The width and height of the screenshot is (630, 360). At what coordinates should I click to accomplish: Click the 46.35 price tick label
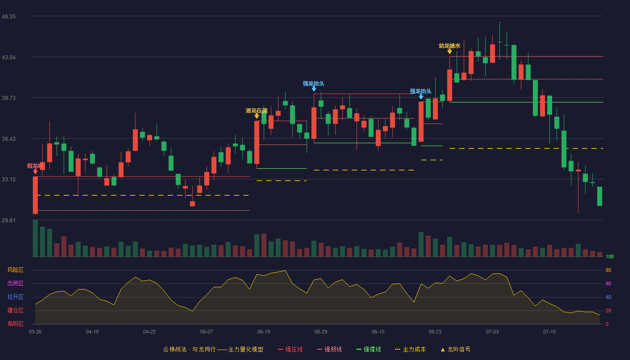point(9,17)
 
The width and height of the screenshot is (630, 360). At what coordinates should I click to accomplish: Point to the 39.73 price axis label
point(9,98)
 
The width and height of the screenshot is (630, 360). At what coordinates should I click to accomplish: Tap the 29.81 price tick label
point(9,220)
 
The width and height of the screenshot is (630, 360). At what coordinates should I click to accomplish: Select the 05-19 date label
point(264,332)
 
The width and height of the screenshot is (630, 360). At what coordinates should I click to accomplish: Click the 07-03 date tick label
point(492,332)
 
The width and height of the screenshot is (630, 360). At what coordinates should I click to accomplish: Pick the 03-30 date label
point(35,332)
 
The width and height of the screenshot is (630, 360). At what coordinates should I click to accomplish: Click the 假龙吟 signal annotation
point(35,166)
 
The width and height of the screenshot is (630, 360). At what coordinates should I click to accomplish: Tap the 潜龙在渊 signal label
point(256,111)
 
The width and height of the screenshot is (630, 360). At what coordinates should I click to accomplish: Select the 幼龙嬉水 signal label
point(450,45)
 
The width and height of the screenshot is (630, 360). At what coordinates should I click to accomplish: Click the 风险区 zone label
point(15,270)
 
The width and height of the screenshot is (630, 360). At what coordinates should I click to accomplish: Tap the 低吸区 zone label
point(15,324)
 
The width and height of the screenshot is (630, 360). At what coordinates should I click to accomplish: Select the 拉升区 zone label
point(15,297)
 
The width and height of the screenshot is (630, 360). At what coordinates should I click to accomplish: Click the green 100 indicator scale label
point(610,256)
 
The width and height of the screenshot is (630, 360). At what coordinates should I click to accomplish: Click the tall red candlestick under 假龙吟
point(35,195)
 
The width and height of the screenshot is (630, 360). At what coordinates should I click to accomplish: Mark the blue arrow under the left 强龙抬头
point(314,89)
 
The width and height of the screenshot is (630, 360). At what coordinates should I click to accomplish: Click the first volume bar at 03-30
point(35,238)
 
